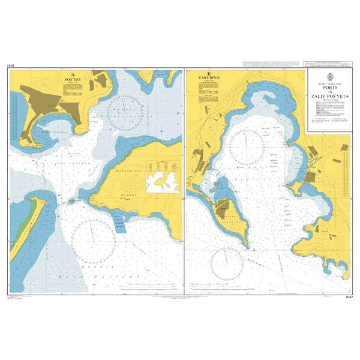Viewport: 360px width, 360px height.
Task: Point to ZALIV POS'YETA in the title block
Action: pyautogui.click(x=328, y=95)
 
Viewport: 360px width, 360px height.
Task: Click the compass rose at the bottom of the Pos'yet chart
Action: pyautogui.click(x=93, y=240)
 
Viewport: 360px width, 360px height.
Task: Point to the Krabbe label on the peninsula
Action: pyautogui.click(x=130, y=195)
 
